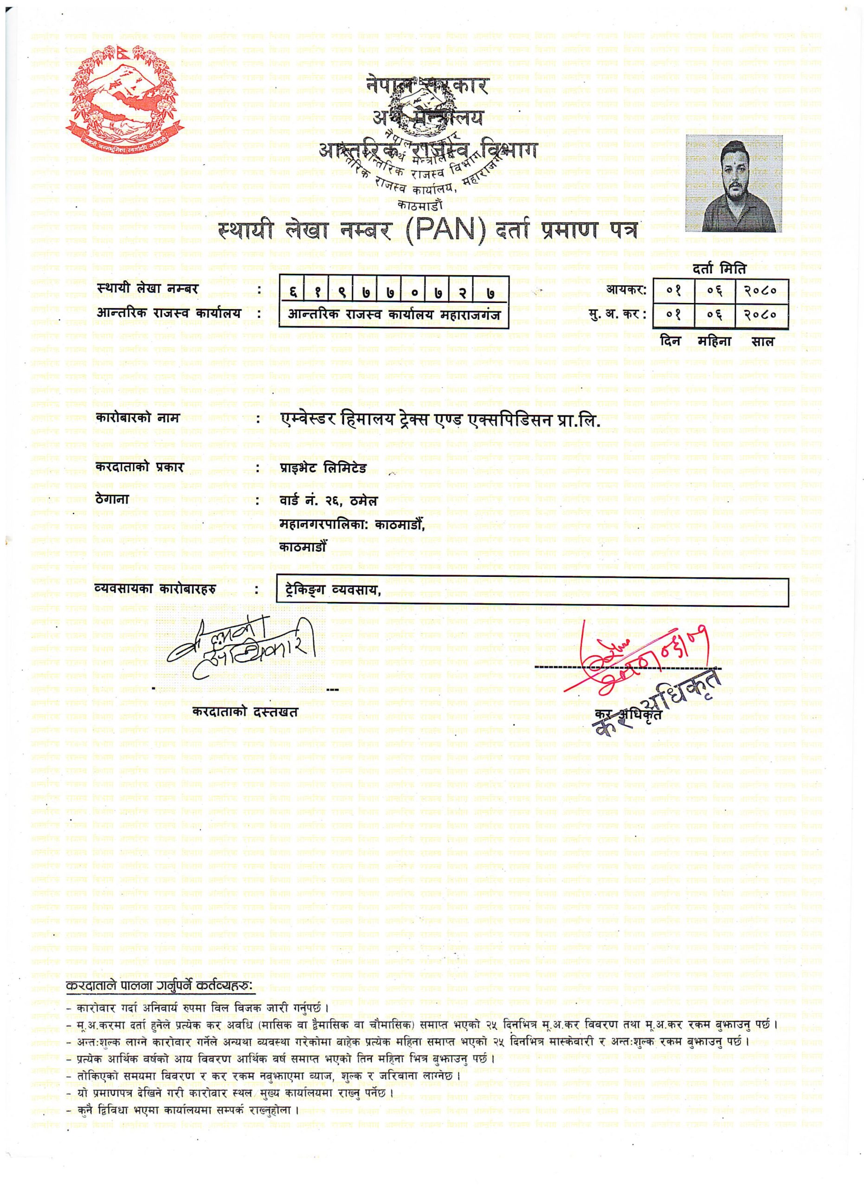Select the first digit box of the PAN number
[293, 293]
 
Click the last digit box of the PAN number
[490, 293]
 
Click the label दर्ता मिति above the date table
[719, 270]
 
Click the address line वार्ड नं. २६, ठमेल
[329, 501]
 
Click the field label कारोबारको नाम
[138, 419]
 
